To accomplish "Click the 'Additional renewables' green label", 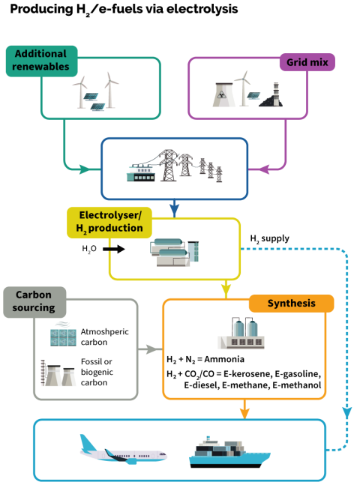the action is tap(41, 61).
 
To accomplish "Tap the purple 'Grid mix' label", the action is tap(307, 62).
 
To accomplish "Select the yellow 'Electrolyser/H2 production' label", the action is tap(109, 223).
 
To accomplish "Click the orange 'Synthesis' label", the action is tap(291, 304).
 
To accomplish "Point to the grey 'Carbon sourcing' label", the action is tap(34, 302).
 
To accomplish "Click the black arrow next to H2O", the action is tap(114, 249).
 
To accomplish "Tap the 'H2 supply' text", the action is tap(269, 239).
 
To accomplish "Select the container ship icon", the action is tap(229, 452).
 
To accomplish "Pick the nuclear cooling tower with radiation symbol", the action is tap(223, 94).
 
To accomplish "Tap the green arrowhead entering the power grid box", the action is tap(85, 169).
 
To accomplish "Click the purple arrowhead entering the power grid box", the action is tap(264, 169).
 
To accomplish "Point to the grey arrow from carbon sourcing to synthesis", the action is tap(150, 349).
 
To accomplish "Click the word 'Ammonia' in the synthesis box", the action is tap(224, 359).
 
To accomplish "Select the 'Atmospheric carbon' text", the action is tap(105, 337).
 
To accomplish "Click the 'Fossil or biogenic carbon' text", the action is tap(97, 372).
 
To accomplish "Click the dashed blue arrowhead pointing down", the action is tap(347, 413).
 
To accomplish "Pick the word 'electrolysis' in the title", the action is tap(202, 10).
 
